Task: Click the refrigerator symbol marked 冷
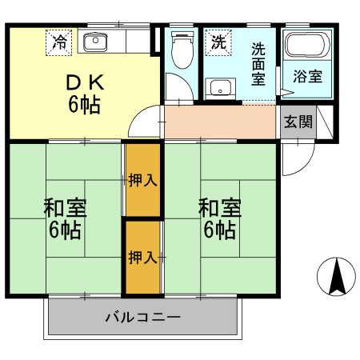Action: pyautogui.click(x=58, y=42)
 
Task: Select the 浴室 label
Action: pyautogui.click(x=307, y=78)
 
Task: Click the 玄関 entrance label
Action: pyautogui.click(x=297, y=123)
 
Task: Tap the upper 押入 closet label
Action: pyautogui.click(x=142, y=180)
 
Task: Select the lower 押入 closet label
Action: pyautogui.click(x=142, y=257)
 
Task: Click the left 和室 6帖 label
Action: pyautogui.click(x=65, y=218)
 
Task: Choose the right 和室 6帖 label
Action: pyautogui.click(x=220, y=218)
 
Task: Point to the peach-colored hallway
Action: pyautogui.click(x=220, y=122)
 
